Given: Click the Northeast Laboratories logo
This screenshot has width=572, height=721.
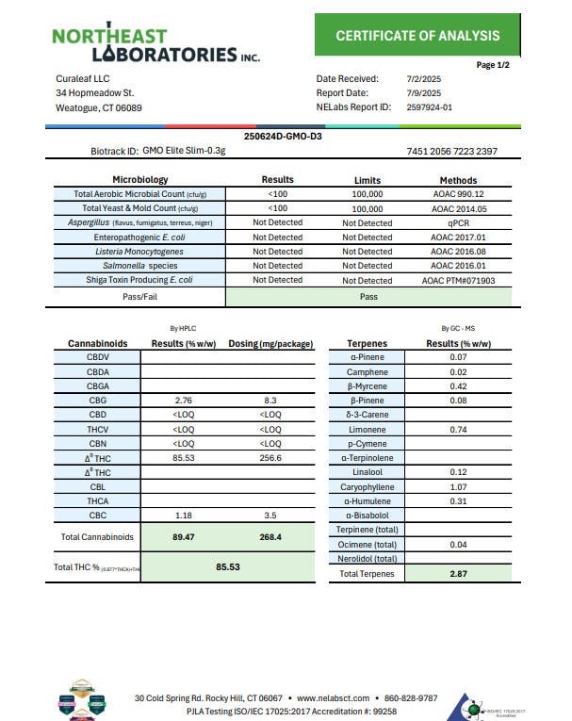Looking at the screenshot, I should coord(155,43).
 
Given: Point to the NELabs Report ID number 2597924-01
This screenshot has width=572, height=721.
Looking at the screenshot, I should coord(429,107).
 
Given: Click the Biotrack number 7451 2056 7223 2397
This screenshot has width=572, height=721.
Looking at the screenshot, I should coord(451,151).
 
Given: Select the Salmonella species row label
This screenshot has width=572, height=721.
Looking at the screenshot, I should coord(139,266).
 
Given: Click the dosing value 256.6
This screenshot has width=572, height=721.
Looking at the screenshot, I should coord(270,458).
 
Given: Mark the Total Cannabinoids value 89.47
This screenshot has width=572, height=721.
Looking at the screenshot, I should coord(184,537).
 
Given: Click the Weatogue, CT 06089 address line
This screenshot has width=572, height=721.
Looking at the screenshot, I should coord(99,107).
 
